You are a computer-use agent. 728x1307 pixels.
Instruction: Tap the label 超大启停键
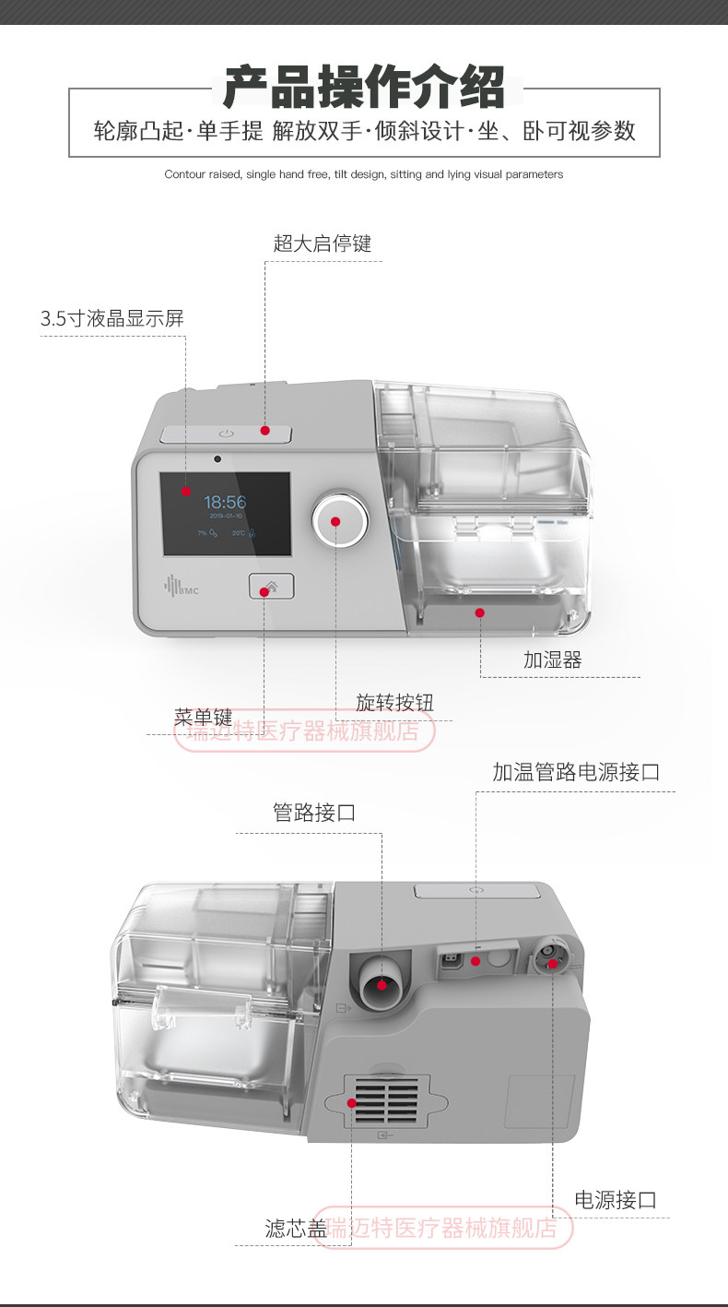[323, 244]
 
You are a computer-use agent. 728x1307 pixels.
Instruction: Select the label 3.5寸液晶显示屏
[112, 319]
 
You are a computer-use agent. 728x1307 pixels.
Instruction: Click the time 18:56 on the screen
[225, 503]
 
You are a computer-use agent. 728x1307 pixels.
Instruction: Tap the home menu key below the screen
[271, 586]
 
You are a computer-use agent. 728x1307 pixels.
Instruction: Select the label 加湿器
[553, 659]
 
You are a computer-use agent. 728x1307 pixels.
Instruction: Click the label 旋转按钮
[394, 703]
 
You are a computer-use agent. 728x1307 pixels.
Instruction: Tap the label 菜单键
[204, 717]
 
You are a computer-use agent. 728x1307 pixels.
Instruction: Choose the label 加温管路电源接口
[576, 772]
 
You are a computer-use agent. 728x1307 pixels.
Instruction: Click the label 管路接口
[314, 813]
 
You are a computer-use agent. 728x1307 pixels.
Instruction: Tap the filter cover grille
[386, 1102]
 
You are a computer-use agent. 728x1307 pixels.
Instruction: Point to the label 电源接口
[616, 1200]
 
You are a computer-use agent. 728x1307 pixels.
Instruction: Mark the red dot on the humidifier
[479, 612]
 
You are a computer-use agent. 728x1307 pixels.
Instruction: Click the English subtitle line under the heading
[364, 174]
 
